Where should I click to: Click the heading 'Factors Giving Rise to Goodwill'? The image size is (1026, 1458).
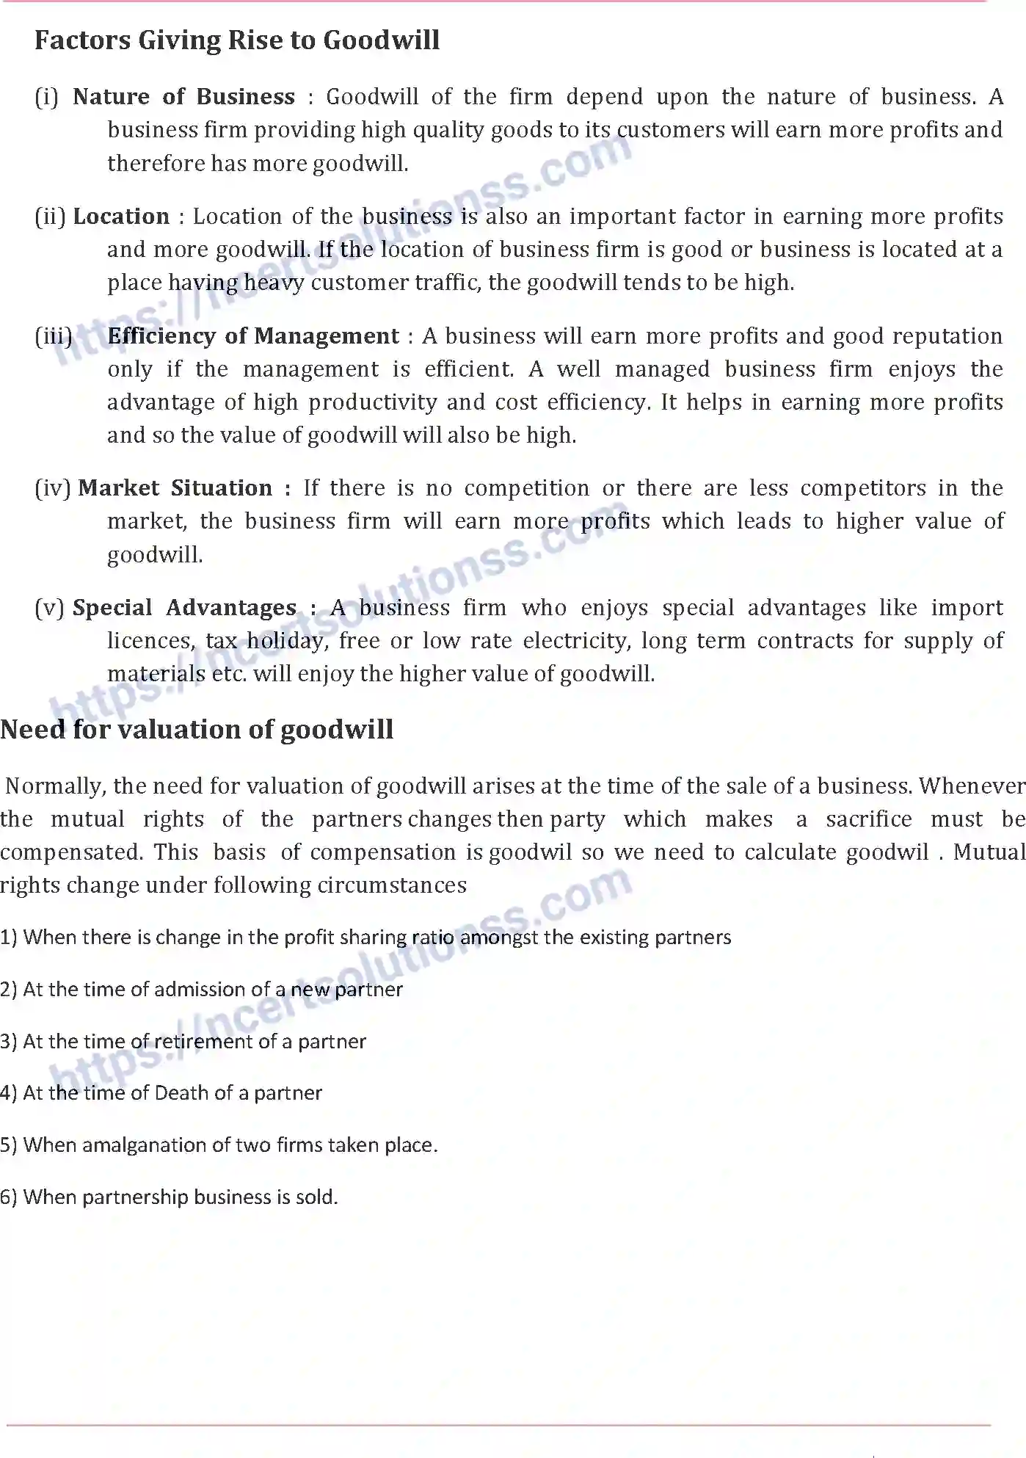pyautogui.click(x=236, y=40)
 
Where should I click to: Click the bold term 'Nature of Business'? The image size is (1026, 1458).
pyautogui.click(x=183, y=97)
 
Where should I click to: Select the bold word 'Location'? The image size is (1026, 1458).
pyautogui.click(x=121, y=217)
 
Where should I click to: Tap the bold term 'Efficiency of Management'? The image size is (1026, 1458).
pyautogui.click(x=253, y=336)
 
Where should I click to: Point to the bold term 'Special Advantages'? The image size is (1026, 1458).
pyautogui.click(x=184, y=608)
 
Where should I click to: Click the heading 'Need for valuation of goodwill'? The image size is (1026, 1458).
pyautogui.click(x=197, y=730)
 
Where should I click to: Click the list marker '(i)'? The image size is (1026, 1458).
pyautogui.click(x=46, y=97)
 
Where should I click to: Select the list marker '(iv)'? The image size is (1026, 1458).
pyautogui.click(x=53, y=488)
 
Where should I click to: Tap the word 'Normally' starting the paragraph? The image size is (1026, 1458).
pyautogui.click(x=56, y=786)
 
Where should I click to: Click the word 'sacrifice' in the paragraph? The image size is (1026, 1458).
pyautogui.click(x=868, y=819)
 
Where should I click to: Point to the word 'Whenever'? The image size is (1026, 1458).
pyautogui.click(x=972, y=786)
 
